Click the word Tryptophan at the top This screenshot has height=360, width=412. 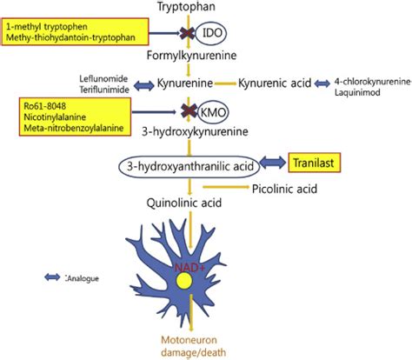coord(186,6)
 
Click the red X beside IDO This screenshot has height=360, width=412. coord(187,33)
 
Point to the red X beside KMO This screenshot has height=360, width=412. coord(189,111)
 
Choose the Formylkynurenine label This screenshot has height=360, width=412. coord(191,55)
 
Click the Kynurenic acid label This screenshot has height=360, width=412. coord(275,83)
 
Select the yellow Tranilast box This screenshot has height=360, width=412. coord(314,163)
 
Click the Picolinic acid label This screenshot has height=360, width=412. coord(284,189)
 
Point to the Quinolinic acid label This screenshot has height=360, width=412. coord(184,203)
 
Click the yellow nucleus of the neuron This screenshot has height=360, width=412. coord(184,282)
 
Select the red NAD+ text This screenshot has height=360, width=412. coord(189,268)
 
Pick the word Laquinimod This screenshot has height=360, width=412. coord(357,93)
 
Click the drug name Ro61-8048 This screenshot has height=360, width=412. coord(44,106)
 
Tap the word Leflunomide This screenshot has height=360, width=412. coord(103,78)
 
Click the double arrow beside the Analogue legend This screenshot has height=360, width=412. coord(52,277)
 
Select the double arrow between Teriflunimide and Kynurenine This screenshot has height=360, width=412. coord(144,86)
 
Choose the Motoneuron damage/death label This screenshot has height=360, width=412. coord(193,346)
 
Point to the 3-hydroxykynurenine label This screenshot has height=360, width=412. coord(195,131)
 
